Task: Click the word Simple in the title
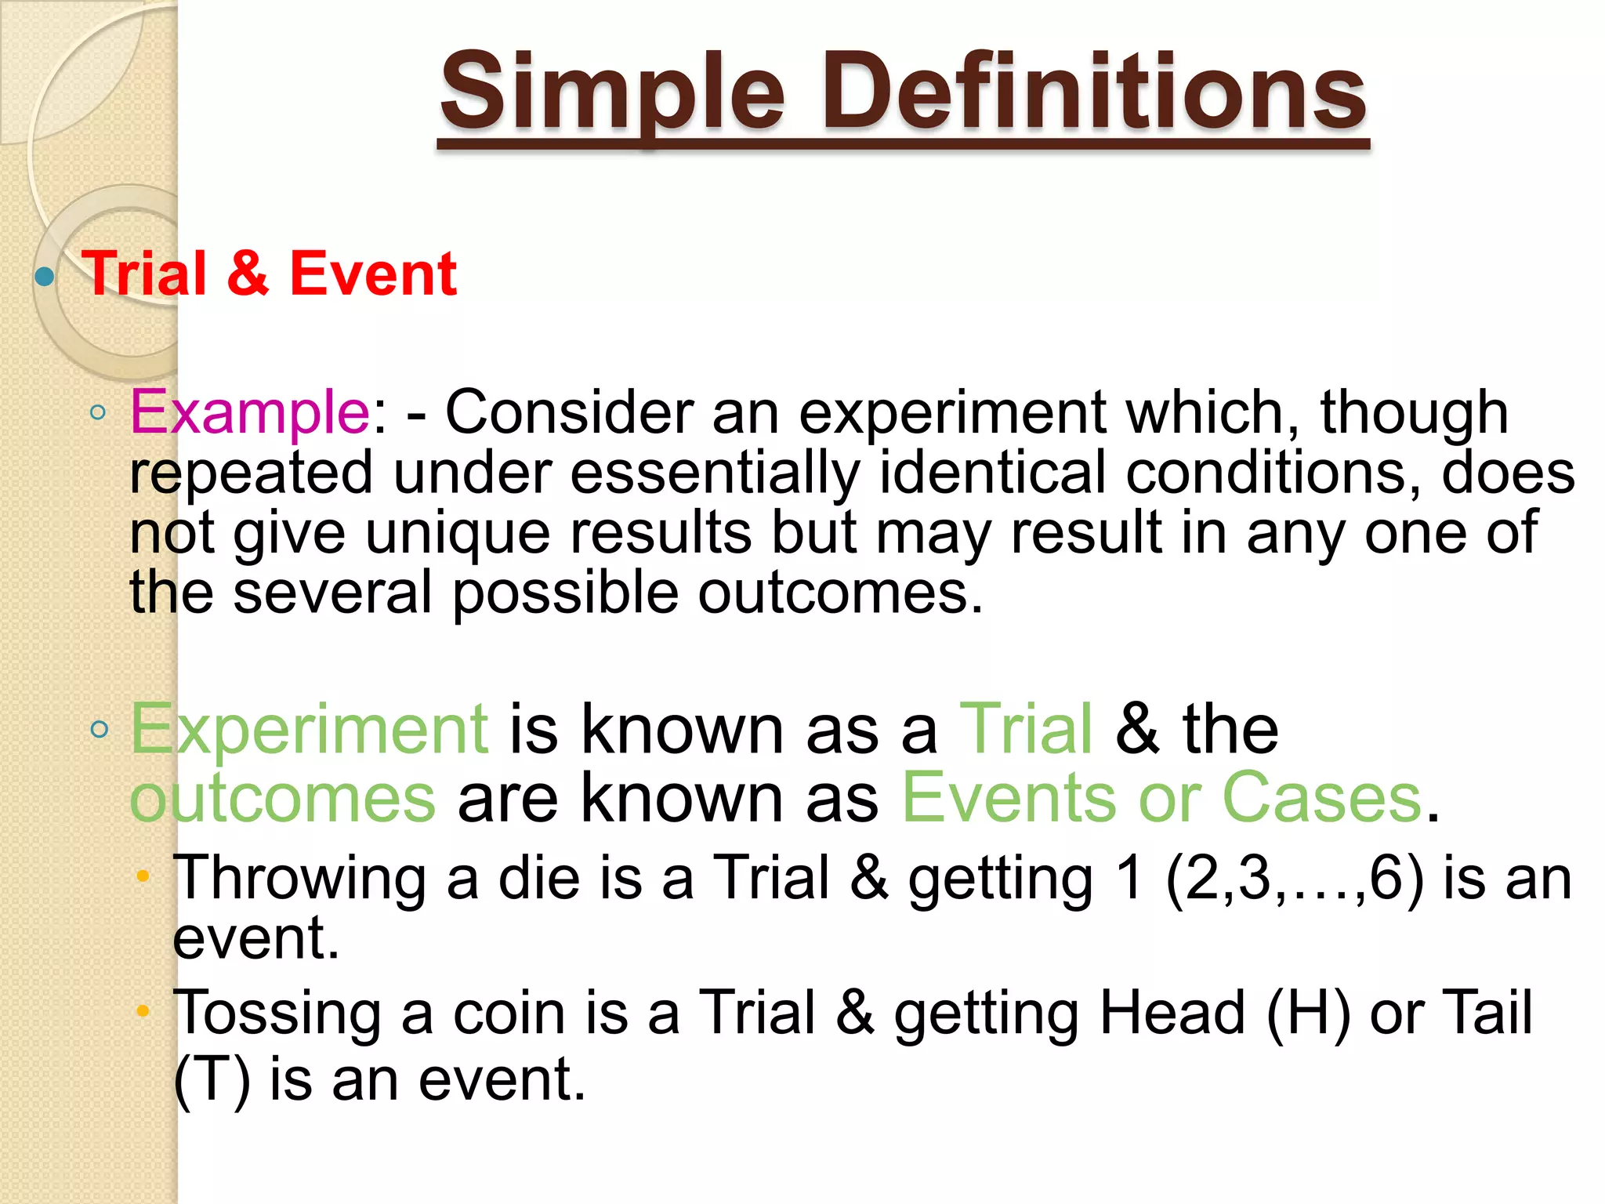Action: tap(612, 92)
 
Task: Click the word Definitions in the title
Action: tap(1094, 92)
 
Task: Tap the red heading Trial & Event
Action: tap(269, 274)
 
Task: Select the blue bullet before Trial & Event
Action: tap(45, 276)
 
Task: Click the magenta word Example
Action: tap(249, 412)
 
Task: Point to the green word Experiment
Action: tap(310, 729)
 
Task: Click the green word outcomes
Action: tap(282, 798)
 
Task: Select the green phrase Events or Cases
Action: tap(1162, 798)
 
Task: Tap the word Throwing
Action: tap(299, 878)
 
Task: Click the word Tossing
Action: tap(276, 1012)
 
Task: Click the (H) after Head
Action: tap(1308, 1012)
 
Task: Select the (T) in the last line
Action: tap(212, 1079)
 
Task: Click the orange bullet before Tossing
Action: tap(143, 1011)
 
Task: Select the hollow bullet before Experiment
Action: tap(99, 730)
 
